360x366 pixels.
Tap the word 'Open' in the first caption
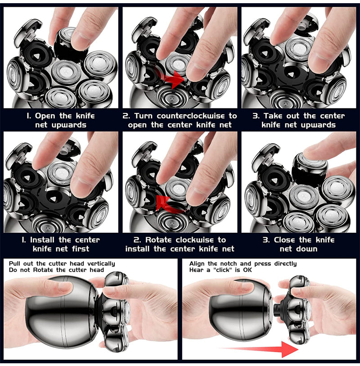point(45,116)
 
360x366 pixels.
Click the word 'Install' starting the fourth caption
point(43,239)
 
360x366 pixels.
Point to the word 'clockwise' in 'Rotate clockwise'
point(194,239)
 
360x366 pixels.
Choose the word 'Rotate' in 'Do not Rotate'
point(43,270)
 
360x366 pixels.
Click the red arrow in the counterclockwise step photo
point(170,79)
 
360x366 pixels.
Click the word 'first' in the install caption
point(81,249)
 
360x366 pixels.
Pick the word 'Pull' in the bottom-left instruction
point(14,264)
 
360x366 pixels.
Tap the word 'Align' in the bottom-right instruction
point(197,264)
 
